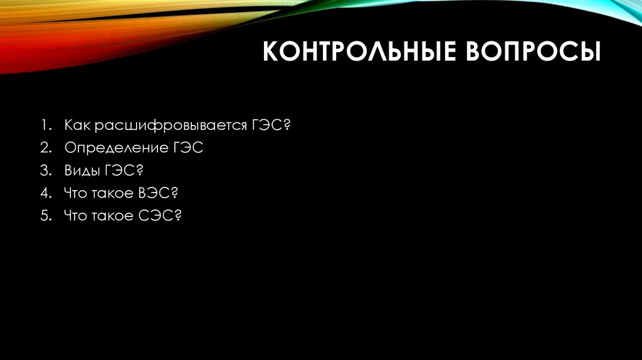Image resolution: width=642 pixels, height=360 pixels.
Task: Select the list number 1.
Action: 46,126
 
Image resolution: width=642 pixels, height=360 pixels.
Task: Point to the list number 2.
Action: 46,149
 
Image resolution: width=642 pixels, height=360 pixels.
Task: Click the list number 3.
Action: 46,171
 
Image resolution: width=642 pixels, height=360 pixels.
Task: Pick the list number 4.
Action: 46,194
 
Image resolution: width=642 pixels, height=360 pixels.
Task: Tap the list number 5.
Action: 46,216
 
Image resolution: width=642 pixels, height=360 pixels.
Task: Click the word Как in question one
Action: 76,125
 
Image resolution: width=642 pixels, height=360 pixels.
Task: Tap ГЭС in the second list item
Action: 187,148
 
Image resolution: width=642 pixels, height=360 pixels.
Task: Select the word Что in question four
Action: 75,194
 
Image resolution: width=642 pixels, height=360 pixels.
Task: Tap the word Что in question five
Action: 75,216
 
